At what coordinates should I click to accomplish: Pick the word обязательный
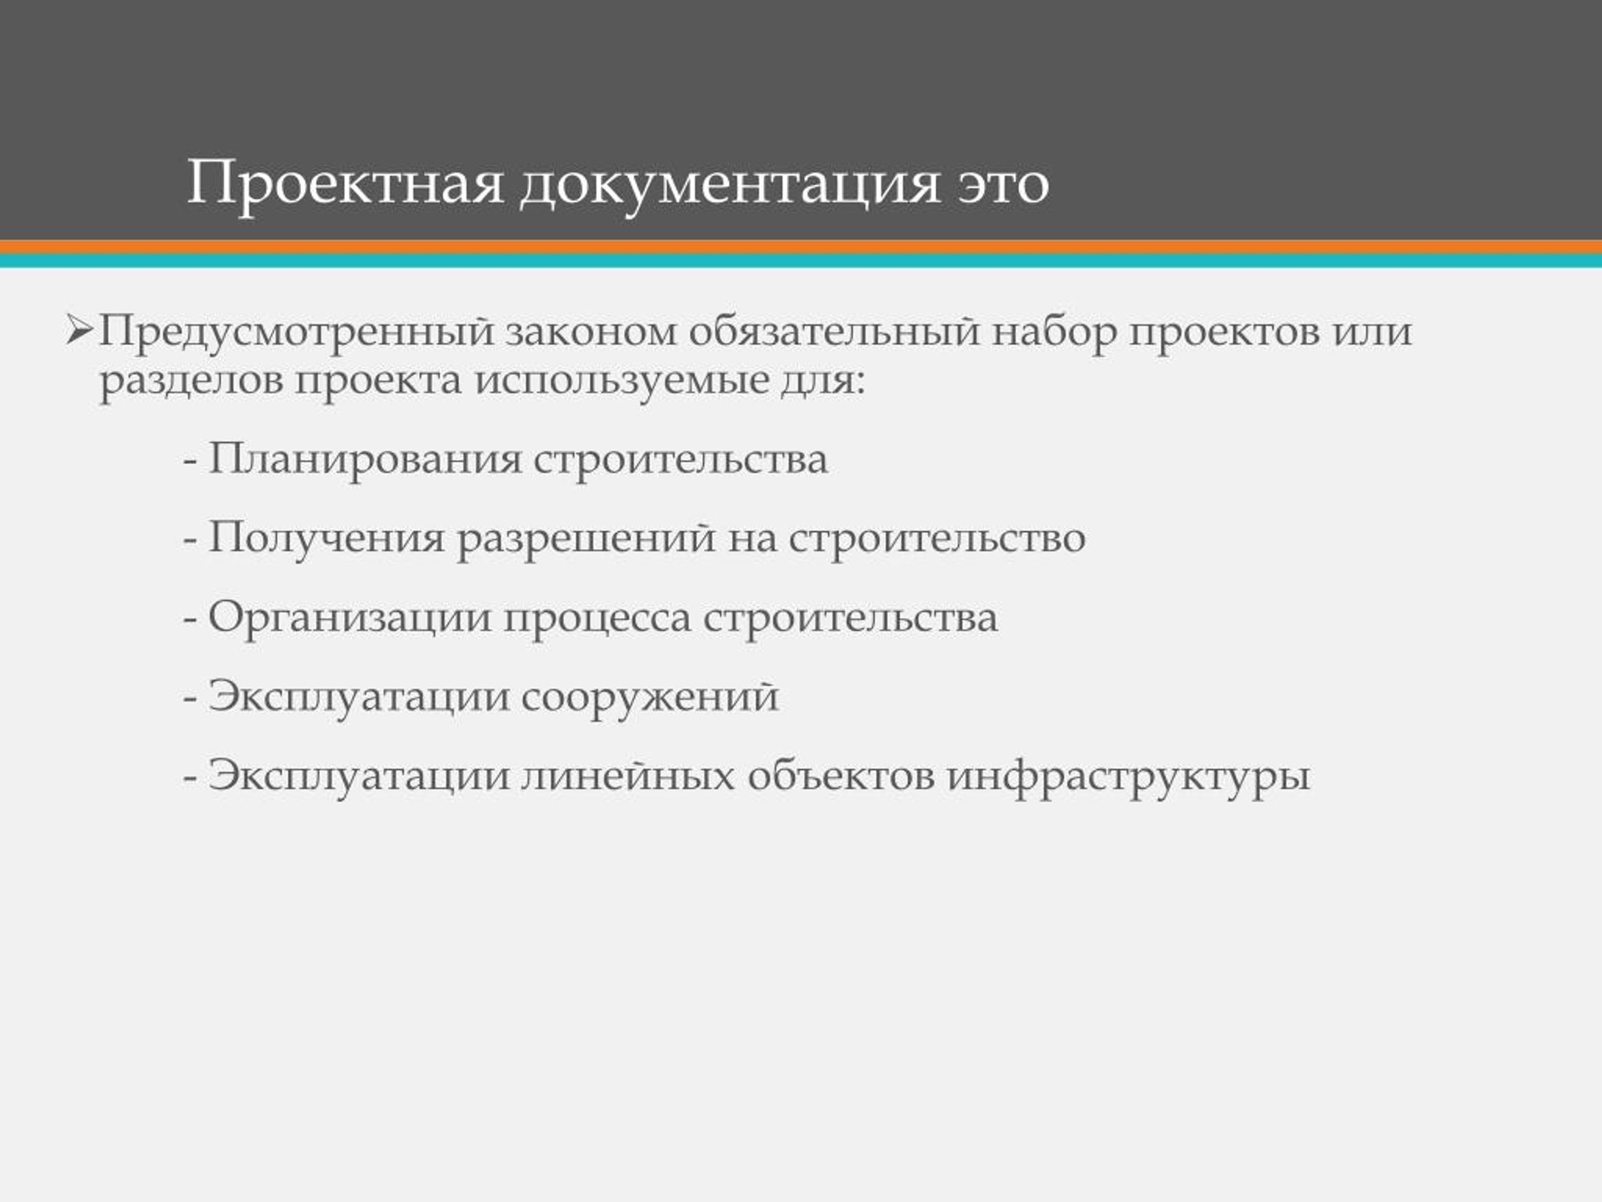[834, 332]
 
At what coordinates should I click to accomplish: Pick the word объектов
[841, 774]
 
